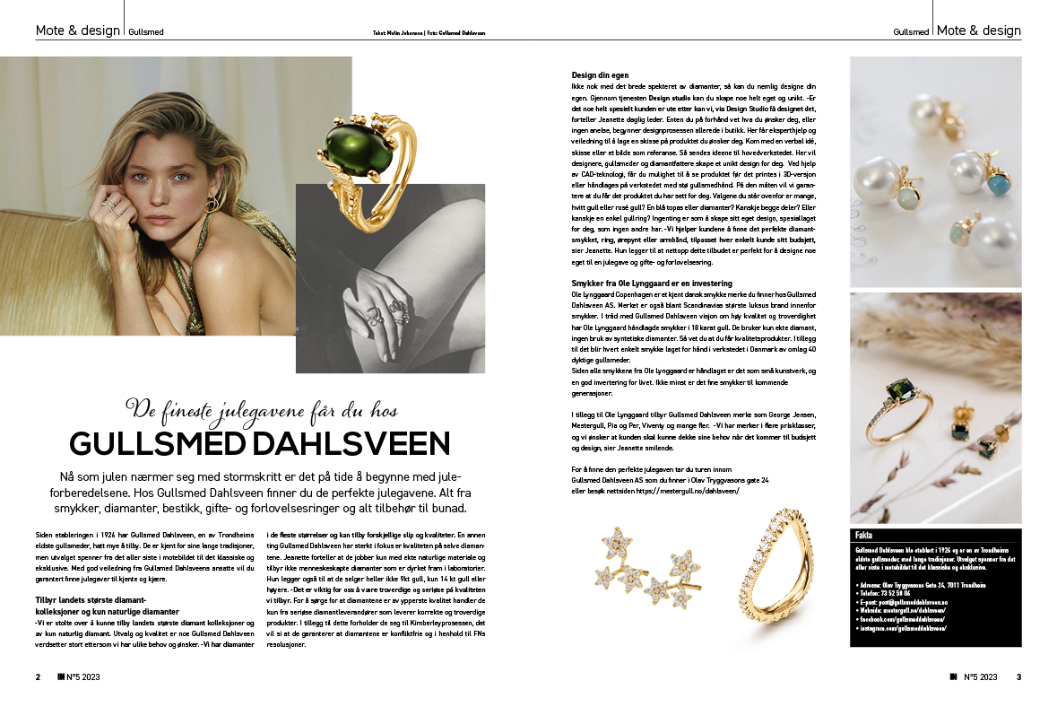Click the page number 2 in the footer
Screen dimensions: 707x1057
click(x=38, y=676)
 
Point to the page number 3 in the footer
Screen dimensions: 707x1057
click(x=1018, y=676)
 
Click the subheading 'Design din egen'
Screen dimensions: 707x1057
click(x=600, y=74)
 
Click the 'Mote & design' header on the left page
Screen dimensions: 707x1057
click(x=77, y=31)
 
